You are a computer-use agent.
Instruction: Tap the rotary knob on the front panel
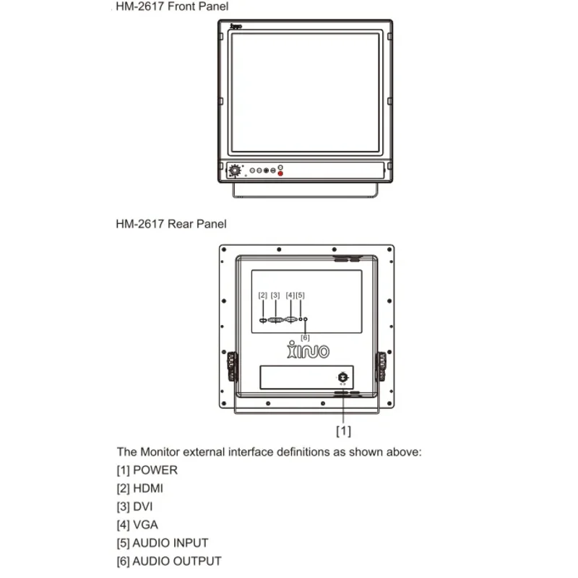click(234, 171)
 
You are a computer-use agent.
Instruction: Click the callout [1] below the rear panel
click(343, 431)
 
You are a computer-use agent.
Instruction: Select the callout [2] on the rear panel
click(263, 295)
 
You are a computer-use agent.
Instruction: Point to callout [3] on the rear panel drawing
click(275, 295)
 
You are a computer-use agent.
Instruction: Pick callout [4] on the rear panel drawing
click(290, 295)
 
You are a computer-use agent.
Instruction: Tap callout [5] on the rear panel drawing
click(301, 295)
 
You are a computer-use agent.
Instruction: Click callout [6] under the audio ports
click(305, 337)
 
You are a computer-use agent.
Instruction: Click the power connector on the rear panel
click(342, 377)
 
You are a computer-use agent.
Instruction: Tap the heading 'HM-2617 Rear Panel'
click(171, 224)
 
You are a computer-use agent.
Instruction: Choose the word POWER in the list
click(155, 470)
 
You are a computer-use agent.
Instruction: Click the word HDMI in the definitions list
click(148, 488)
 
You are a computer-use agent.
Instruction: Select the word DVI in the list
click(143, 506)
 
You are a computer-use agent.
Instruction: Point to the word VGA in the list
click(145, 525)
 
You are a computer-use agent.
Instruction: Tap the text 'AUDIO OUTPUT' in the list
click(177, 561)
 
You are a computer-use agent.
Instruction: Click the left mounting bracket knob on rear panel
click(232, 366)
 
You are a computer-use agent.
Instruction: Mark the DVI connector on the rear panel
click(276, 319)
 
